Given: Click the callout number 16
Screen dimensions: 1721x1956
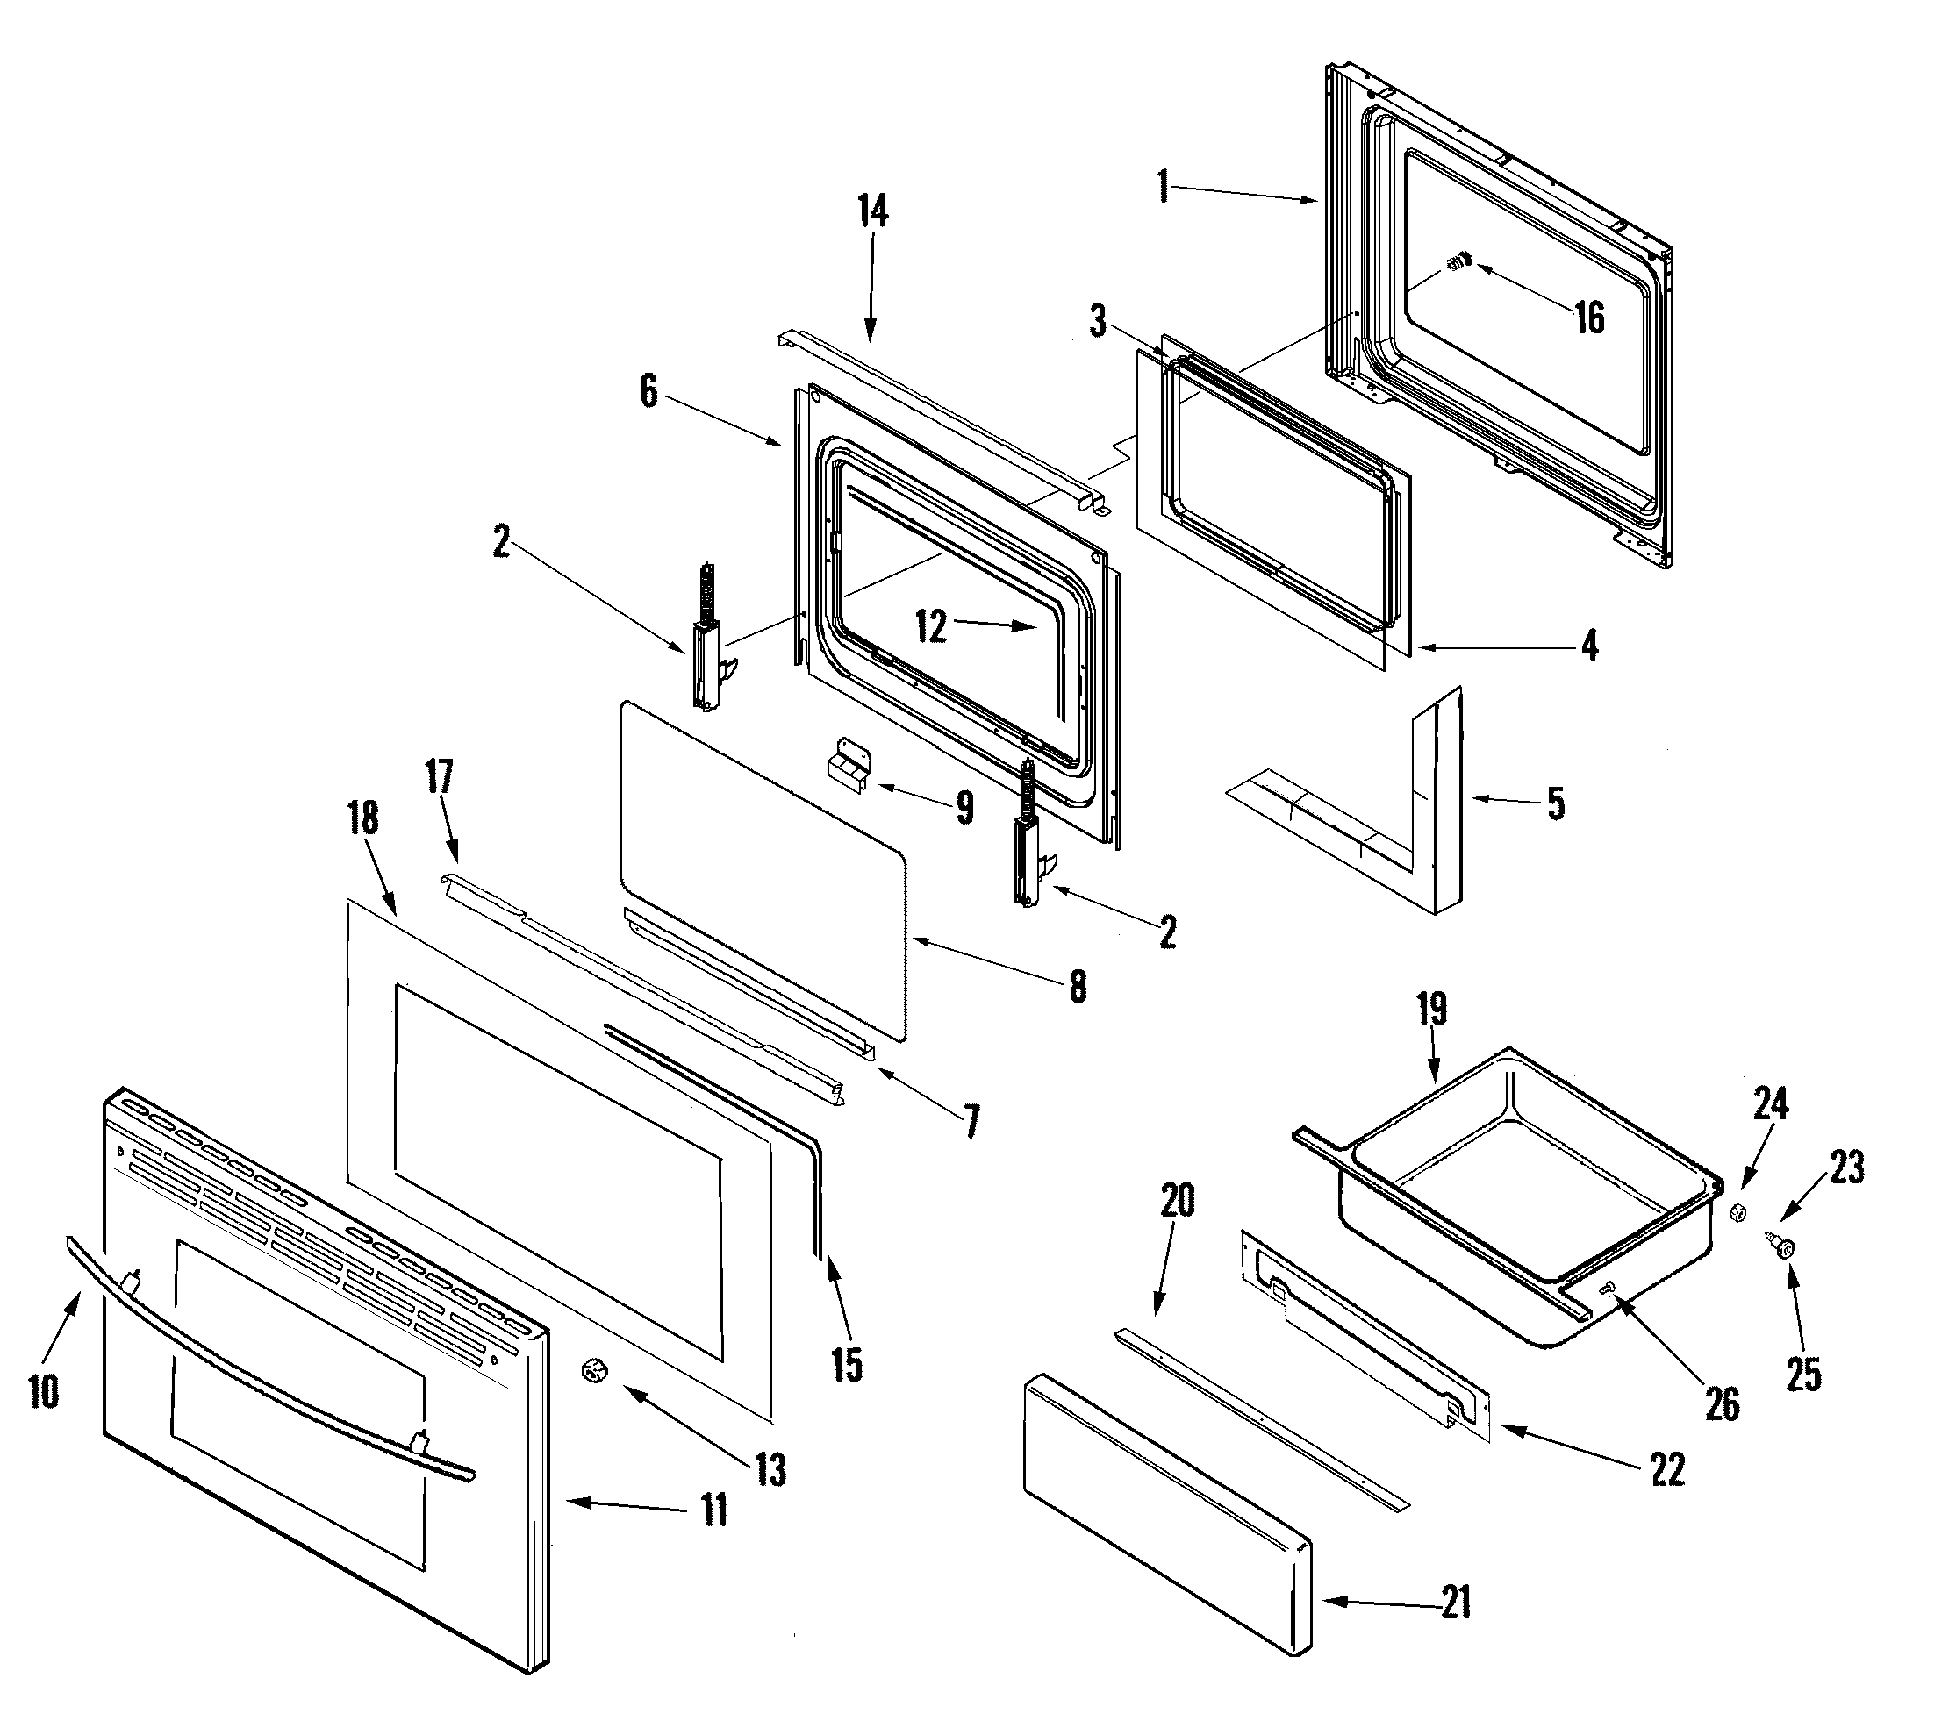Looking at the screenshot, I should pyautogui.click(x=1589, y=318).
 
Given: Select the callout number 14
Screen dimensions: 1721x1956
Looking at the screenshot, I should pyautogui.click(x=871, y=211).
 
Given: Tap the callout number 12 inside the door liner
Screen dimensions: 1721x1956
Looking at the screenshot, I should pyautogui.click(x=930, y=626).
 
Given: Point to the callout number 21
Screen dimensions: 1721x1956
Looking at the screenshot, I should pyautogui.click(x=1456, y=1603).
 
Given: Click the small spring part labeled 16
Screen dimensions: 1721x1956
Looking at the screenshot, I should pyautogui.click(x=1458, y=261).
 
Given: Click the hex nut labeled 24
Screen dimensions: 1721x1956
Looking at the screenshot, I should pyautogui.click(x=1738, y=1214).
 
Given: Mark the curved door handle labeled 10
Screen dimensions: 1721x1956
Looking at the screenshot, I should pyautogui.click(x=268, y=1349).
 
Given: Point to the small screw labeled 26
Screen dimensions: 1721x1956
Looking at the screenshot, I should pyautogui.click(x=1608, y=1289).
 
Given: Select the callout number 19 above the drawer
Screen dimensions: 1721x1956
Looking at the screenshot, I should pyautogui.click(x=1431, y=1010).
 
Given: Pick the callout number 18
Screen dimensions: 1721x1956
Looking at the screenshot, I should pyautogui.click(x=362, y=818).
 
